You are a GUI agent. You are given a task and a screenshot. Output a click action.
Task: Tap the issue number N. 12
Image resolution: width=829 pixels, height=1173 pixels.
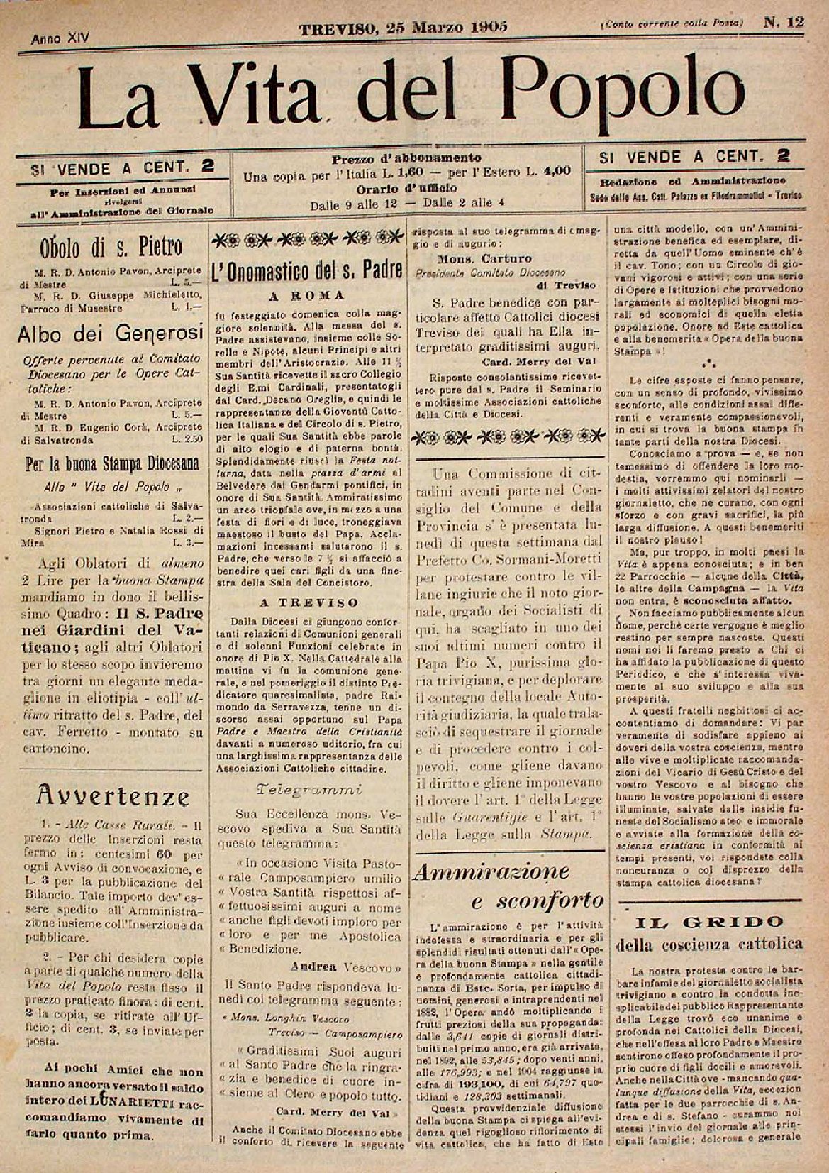[784, 23]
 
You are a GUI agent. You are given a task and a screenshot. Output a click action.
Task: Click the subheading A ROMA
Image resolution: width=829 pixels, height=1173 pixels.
[308, 295]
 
